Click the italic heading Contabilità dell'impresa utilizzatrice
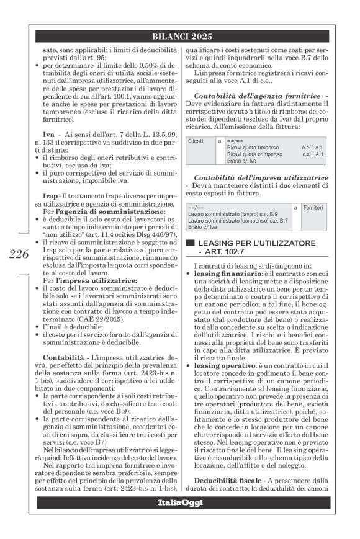coord(261,177)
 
